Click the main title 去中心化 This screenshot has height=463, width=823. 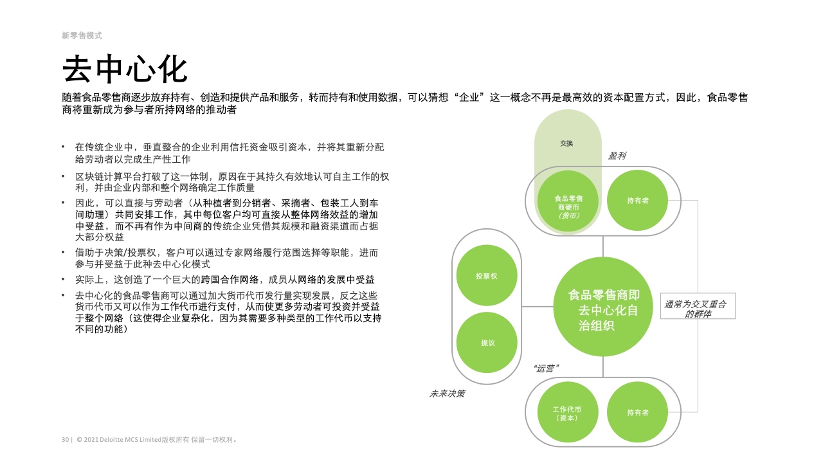coord(125,69)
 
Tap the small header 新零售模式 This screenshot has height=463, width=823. coord(82,35)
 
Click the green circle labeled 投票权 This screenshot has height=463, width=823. coord(487,276)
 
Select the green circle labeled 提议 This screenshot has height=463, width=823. coord(487,343)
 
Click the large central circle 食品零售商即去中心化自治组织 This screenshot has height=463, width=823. coord(603,307)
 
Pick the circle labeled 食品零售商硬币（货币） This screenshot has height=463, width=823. coord(568,201)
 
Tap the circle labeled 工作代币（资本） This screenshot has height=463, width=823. coord(568,412)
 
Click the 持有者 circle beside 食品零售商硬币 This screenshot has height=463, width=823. coord(637,201)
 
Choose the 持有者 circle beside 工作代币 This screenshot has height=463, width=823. coord(637,412)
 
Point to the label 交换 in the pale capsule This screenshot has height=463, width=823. coord(566,143)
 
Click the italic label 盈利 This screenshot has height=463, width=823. coord(617,156)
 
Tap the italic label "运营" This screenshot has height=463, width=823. coord(546,368)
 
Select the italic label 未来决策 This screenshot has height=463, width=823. coord(447,394)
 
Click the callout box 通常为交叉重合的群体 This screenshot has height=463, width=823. coord(698,305)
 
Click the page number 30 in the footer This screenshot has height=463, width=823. coord(65,439)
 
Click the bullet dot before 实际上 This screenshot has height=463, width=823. coord(63,279)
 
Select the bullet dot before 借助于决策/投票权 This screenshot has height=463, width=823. coord(63,252)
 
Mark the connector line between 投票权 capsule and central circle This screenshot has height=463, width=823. coord(538,306)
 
